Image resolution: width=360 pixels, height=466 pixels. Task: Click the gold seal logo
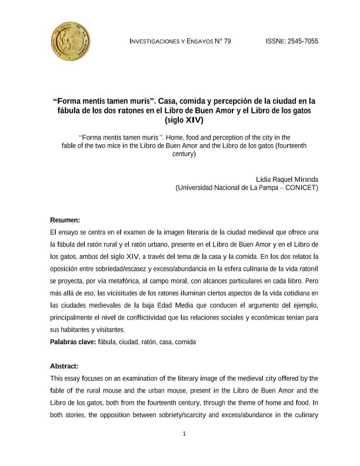pos(71,40)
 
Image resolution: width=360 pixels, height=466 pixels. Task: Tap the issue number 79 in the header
pos(227,41)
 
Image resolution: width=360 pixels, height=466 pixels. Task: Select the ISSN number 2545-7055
pos(303,41)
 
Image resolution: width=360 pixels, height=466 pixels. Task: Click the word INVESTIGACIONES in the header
pos(154,41)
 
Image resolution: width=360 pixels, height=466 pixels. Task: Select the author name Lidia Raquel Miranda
pos(287,179)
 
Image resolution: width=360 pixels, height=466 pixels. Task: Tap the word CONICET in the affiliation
pos(302,188)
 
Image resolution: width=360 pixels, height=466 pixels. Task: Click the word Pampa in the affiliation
pos(262,188)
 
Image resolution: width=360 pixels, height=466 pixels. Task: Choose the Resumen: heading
pos(65,220)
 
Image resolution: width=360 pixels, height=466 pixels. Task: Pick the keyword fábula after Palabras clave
pos(109,341)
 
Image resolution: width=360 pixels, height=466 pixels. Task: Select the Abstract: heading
pos(65,365)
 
